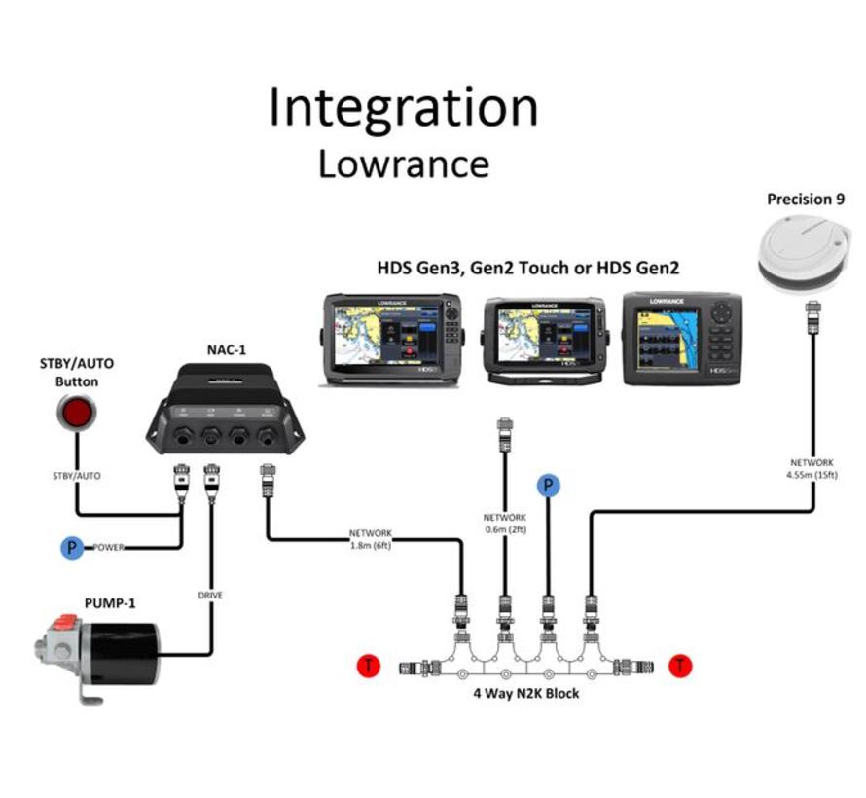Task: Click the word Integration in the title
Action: (403, 108)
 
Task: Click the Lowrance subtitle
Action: (403, 163)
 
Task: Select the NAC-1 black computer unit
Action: (225, 410)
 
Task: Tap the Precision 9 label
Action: (806, 199)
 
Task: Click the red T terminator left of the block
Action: (369, 667)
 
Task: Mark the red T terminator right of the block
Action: (681, 667)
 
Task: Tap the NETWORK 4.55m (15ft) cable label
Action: (812, 469)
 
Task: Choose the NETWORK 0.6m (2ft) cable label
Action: (504, 523)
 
